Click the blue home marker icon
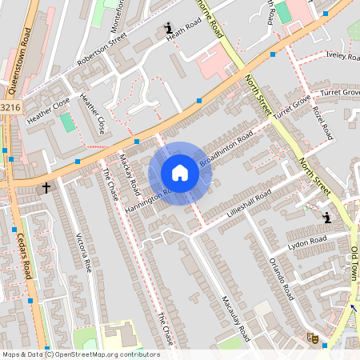[180, 173]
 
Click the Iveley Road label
[343, 55]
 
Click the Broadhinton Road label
[226, 150]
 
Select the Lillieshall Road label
[249, 204]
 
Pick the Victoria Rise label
[83, 253]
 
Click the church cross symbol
[46, 188]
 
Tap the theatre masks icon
[314, 339]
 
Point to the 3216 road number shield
[10, 106]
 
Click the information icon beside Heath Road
[169, 30]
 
